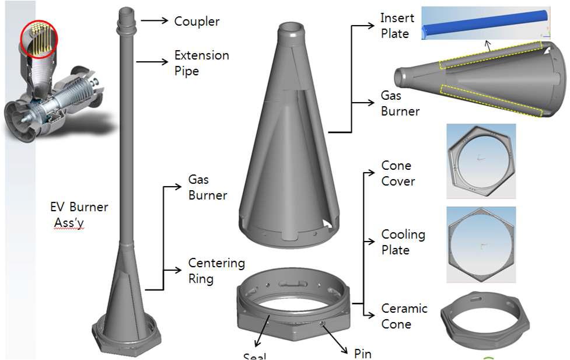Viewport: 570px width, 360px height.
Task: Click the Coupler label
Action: (x=197, y=22)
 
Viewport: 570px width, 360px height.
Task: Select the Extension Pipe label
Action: (x=201, y=63)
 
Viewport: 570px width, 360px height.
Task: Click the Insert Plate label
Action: (x=397, y=26)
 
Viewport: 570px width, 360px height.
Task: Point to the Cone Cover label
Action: (x=398, y=173)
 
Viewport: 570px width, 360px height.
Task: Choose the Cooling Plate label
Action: (x=403, y=242)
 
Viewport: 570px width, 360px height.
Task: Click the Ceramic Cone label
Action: (x=404, y=316)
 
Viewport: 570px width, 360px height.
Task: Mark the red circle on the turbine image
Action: (x=39, y=39)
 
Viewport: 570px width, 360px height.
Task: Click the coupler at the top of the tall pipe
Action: (x=126, y=20)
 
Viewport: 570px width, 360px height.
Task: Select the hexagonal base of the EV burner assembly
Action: (x=127, y=338)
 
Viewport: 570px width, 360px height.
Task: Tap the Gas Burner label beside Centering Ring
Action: (x=207, y=187)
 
